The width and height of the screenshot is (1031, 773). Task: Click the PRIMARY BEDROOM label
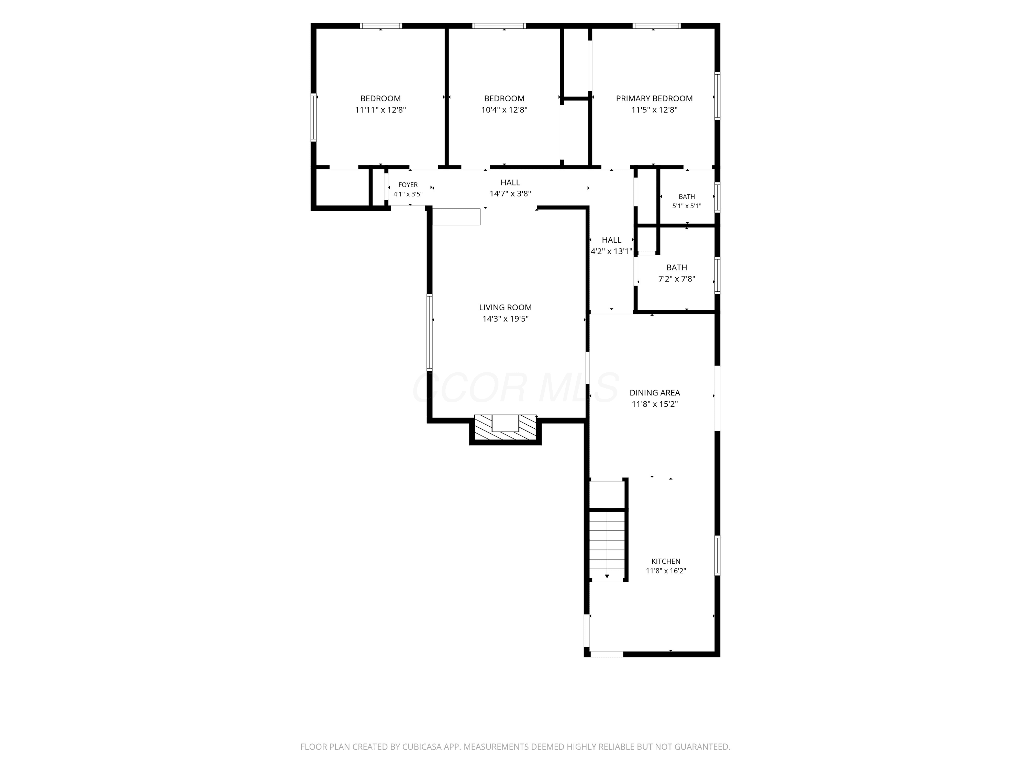[654, 98]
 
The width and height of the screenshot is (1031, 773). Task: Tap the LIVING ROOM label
[505, 307]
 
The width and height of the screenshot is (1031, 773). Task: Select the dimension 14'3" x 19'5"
[505, 319]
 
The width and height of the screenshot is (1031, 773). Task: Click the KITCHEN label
[666, 561]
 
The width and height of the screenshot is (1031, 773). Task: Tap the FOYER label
[408, 185]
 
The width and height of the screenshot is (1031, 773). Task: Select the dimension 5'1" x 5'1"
[687, 206]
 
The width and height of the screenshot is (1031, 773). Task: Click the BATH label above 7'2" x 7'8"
[676, 267]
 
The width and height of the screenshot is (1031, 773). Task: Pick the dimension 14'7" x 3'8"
[510, 194]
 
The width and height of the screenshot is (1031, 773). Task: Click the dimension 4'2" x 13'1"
[611, 251]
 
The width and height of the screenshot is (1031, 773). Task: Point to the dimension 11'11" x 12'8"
[380, 110]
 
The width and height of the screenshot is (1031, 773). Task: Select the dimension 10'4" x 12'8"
[504, 110]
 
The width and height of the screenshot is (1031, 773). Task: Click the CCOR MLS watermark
[515, 388]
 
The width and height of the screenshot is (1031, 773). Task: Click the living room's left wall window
[429, 332]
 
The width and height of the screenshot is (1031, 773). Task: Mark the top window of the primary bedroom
[656, 26]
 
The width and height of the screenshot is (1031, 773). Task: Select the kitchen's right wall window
[717, 556]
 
